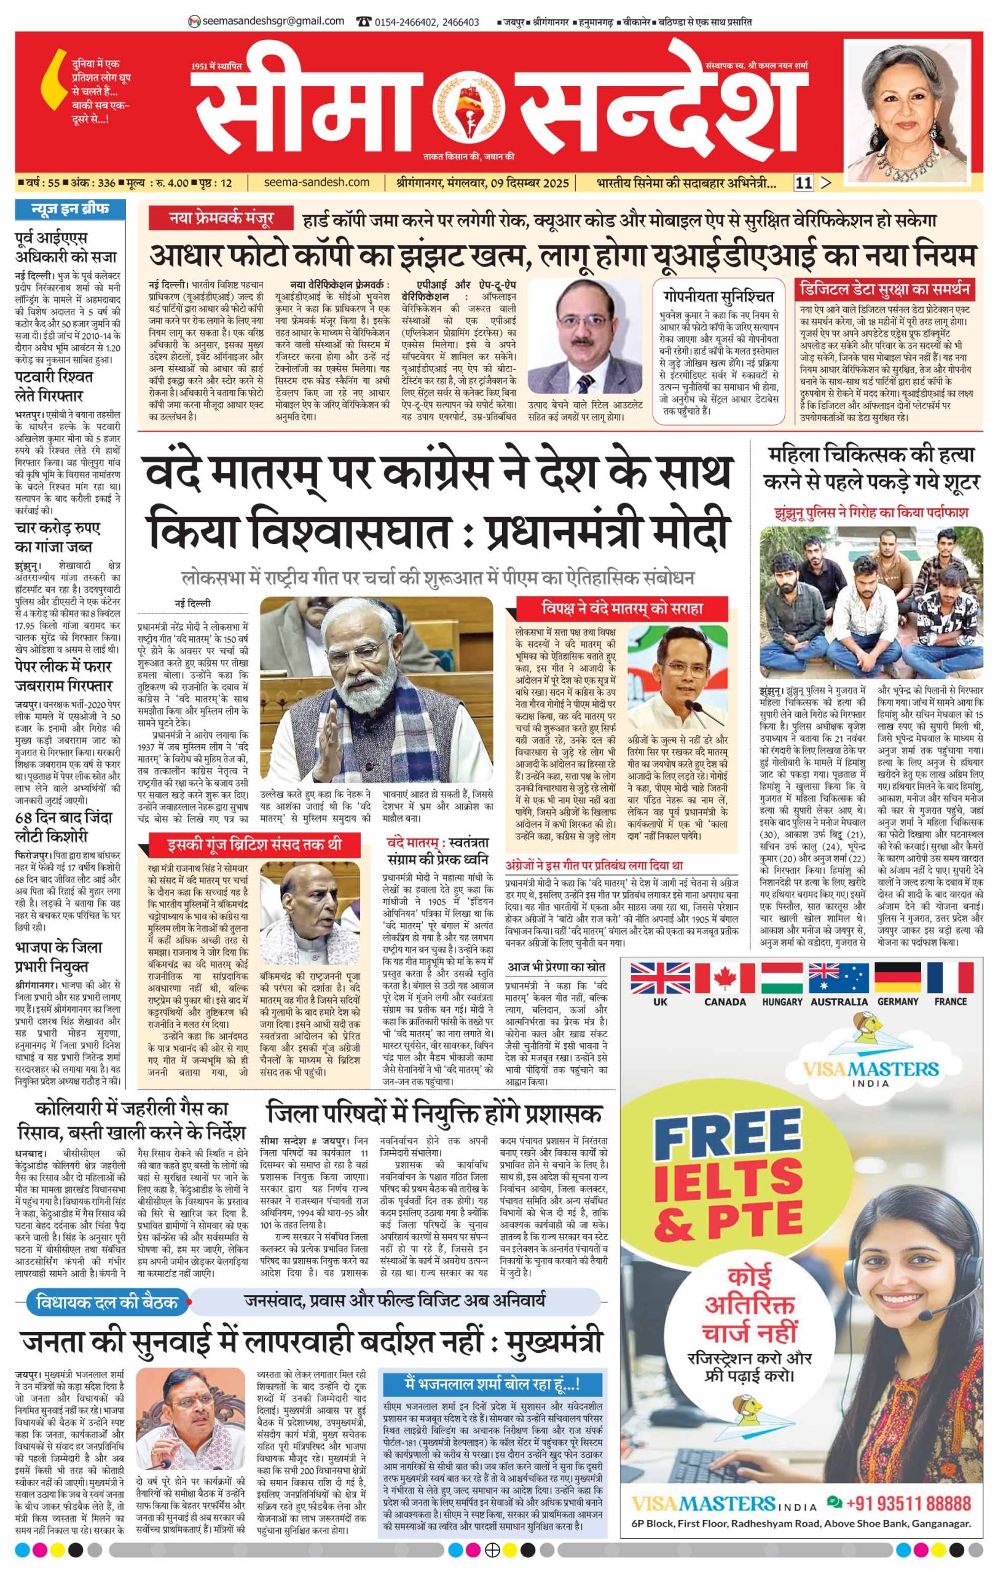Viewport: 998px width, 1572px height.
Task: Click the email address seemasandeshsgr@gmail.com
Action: [273, 21]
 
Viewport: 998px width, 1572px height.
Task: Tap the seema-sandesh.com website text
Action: [318, 183]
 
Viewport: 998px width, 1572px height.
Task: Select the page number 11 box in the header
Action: [803, 184]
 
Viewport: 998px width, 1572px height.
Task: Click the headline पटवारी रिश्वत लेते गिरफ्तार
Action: [53, 386]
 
